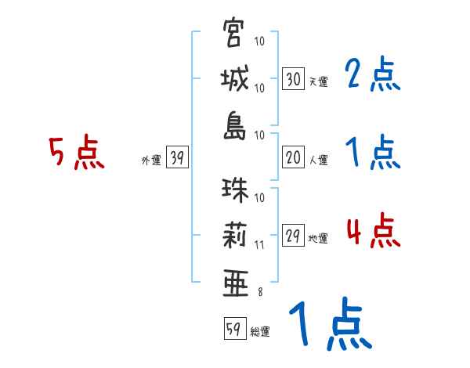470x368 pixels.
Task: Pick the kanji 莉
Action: click(233, 237)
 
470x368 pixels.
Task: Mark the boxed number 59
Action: click(233, 329)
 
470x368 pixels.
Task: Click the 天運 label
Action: click(318, 81)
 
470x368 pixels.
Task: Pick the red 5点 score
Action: click(77, 153)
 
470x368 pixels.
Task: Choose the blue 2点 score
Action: click(373, 75)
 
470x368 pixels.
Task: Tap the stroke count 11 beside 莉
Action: click(260, 244)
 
